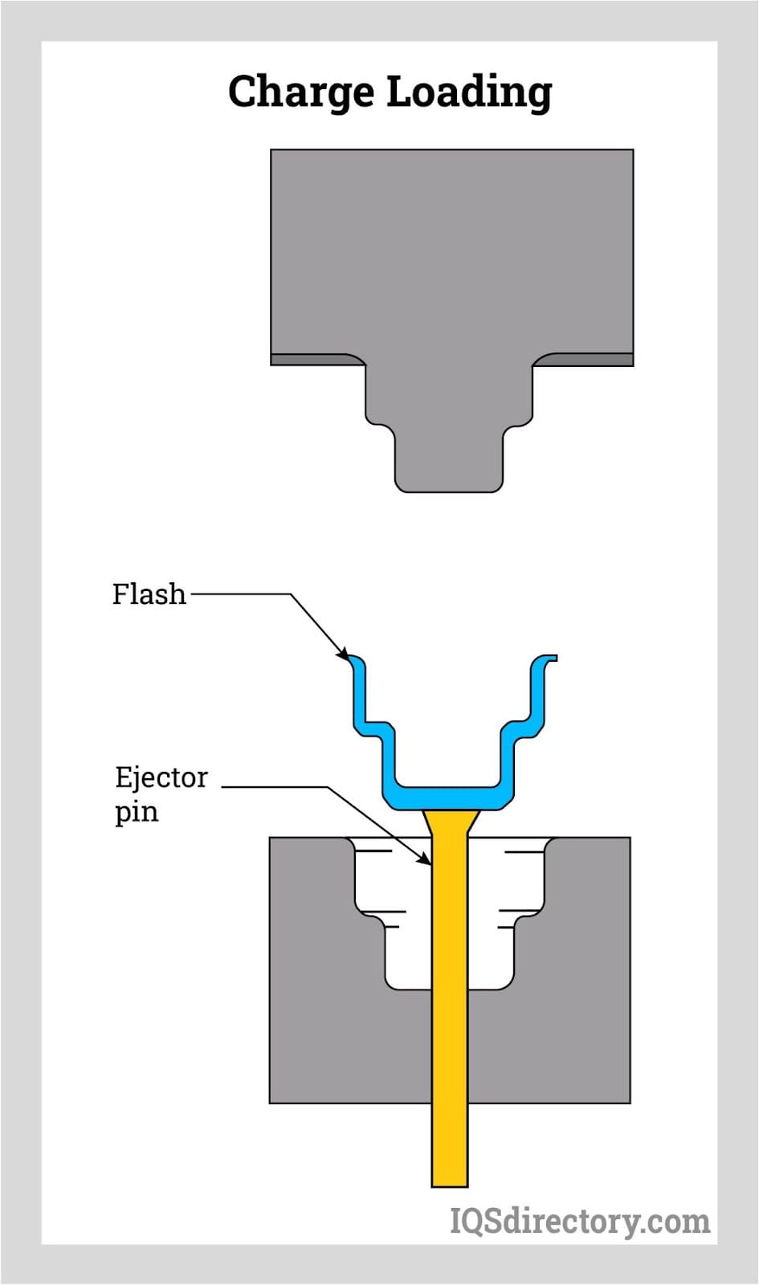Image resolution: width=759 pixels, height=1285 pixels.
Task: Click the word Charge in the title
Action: [x=302, y=92]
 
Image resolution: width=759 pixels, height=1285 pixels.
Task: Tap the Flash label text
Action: [x=149, y=594]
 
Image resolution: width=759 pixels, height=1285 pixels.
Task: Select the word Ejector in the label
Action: [x=161, y=777]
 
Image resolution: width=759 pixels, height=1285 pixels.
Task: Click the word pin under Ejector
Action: [x=136, y=811]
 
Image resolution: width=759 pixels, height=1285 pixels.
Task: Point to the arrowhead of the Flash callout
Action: [x=345, y=655]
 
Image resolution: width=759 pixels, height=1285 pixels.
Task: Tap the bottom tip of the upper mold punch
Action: [x=449, y=487]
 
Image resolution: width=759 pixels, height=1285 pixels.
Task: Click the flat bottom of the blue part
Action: [x=450, y=798]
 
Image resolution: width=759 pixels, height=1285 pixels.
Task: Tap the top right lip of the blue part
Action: [x=546, y=659]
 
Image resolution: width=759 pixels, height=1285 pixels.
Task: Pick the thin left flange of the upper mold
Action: [x=313, y=360]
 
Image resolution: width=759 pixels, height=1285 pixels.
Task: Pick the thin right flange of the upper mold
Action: [x=586, y=360]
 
